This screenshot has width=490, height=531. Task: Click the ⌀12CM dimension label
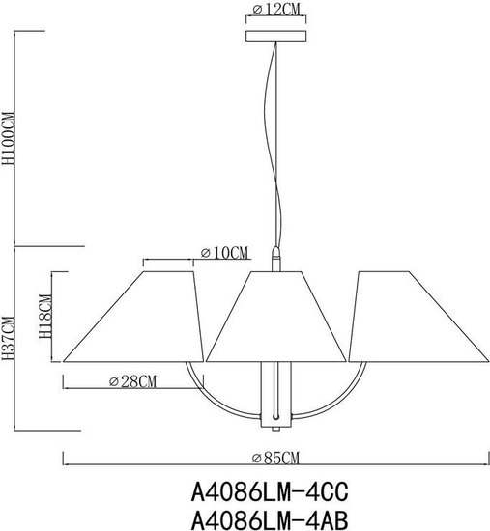click(x=276, y=10)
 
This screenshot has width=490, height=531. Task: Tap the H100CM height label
click(x=8, y=138)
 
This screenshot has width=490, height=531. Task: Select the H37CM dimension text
click(x=8, y=338)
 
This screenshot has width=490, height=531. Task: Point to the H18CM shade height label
click(x=45, y=317)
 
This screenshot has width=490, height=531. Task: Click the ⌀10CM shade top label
click(x=224, y=253)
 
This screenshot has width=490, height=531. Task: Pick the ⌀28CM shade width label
click(x=132, y=381)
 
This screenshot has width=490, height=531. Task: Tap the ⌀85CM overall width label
click(x=275, y=458)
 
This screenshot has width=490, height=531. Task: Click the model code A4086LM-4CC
click(x=270, y=492)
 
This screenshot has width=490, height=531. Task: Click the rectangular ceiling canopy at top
click(x=276, y=36)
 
